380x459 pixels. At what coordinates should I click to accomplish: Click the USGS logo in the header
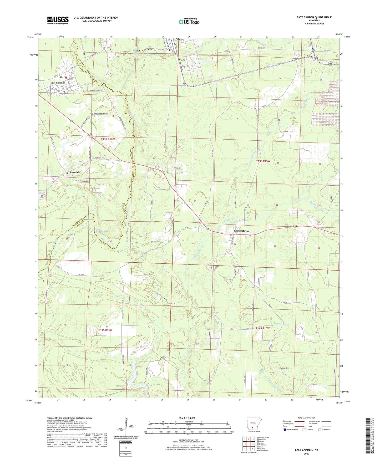pos(58,20)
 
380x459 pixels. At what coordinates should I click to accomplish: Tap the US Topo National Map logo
pos(189,21)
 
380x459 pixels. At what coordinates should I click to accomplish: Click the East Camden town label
pos(58,83)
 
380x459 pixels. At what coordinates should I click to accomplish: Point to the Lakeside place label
pos(75,172)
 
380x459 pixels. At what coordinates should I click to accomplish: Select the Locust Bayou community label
pos(241,231)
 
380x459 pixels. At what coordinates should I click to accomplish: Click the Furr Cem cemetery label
pos(215,313)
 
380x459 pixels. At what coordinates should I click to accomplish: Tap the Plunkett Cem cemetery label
pos(284,368)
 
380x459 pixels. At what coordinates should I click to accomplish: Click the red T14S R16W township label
pos(105,330)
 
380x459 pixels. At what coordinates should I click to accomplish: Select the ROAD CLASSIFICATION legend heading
pos(306,418)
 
